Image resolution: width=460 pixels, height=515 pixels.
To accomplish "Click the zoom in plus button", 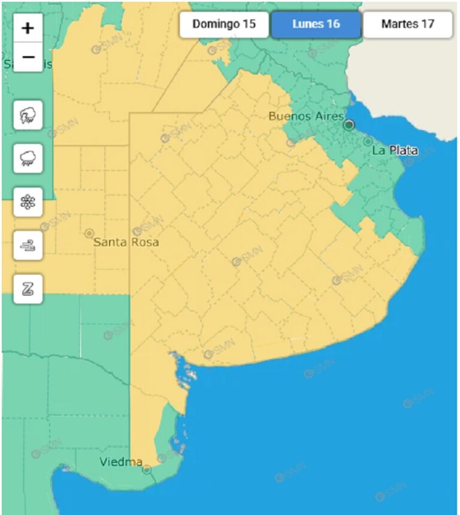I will pos(28,28).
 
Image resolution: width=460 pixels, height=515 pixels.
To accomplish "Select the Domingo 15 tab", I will pos(224,25).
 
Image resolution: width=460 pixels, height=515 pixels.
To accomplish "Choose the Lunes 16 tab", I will pos(316,25).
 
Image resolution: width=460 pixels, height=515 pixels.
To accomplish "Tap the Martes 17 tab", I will pos(407,25).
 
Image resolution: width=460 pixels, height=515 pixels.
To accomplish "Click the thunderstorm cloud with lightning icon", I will pos(28,115).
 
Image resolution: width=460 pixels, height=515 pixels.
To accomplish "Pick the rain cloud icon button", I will pos(28,159).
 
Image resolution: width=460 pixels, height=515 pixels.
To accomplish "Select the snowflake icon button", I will pos(28,202).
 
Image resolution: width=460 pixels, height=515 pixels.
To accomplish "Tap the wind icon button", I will pos(28,246).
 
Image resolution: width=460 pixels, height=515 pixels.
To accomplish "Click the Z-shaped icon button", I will pos(28,289).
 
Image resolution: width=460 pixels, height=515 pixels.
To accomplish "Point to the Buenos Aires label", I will pos(305,116).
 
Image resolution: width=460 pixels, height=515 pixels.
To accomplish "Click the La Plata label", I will pos(395,150).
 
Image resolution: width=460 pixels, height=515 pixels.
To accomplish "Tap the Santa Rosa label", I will pos(126,243).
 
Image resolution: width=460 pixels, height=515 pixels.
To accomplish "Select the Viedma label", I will pos(121,462).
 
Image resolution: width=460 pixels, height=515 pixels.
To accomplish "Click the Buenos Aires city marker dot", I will pos(349,125).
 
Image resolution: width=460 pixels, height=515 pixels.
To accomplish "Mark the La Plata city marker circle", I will pos(368,141).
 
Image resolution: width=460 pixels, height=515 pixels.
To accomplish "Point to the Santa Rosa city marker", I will pos(89,233).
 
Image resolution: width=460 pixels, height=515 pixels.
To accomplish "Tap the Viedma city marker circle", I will pos(147,470).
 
